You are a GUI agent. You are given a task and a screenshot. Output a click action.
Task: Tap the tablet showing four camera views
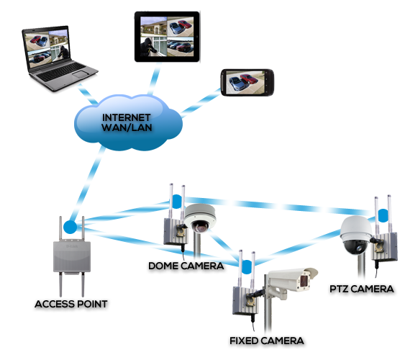pyautogui.click(x=167, y=37)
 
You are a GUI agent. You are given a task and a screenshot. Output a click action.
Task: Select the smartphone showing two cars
pyautogui.click(x=248, y=83)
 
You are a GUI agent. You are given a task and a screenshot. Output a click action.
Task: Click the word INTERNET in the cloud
pyautogui.click(x=126, y=117)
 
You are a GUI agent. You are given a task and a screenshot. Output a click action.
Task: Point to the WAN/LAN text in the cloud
pyautogui.click(x=127, y=128)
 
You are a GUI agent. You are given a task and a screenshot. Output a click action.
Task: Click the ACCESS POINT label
pyautogui.click(x=71, y=304)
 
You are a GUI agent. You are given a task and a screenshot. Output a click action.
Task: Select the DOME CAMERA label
pyautogui.click(x=186, y=266)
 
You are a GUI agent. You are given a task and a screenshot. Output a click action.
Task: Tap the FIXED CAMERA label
pyautogui.click(x=267, y=341)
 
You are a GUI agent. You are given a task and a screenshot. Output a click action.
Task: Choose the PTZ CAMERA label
pyautogui.click(x=362, y=289)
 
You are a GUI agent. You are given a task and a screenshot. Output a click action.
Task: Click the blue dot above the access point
pyautogui.click(x=70, y=228)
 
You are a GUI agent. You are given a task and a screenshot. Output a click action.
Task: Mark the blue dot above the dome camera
pyautogui.click(x=177, y=202)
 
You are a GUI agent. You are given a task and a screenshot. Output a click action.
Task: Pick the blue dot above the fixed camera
pyautogui.click(x=247, y=266)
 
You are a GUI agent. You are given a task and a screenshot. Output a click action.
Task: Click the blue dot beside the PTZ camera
pyautogui.click(x=383, y=215)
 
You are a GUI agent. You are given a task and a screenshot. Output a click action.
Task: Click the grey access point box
pyautogui.click(x=72, y=257)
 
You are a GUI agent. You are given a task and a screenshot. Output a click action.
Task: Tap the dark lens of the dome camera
pyautogui.click(x=200, y=228)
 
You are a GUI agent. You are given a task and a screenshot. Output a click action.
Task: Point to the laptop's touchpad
pyautogui.click(x=81, y=74)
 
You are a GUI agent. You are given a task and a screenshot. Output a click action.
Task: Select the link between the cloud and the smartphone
pyautogui.click(x=201, y=103)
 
